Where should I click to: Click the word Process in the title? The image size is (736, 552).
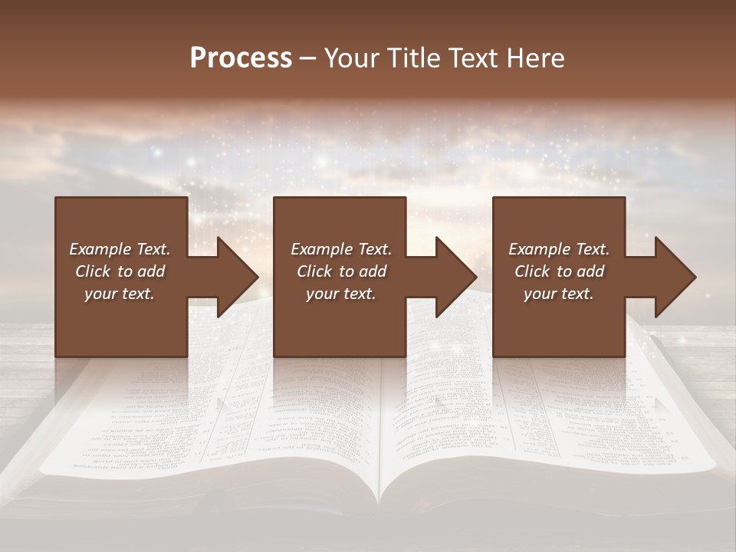point(241,58)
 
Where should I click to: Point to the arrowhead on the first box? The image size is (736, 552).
point(234,277)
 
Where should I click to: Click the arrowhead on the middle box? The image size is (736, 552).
point(453,277)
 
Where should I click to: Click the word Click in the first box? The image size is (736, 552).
point(94,271)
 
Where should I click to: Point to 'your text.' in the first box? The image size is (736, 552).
point(120,294)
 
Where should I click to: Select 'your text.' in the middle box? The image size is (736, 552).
point(341,294)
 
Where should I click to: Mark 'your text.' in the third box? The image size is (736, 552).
point(559,294)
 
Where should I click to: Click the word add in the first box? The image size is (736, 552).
point(151,271)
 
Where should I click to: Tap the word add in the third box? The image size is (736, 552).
point(590,271)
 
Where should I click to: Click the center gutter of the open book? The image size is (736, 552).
point(381,429)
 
